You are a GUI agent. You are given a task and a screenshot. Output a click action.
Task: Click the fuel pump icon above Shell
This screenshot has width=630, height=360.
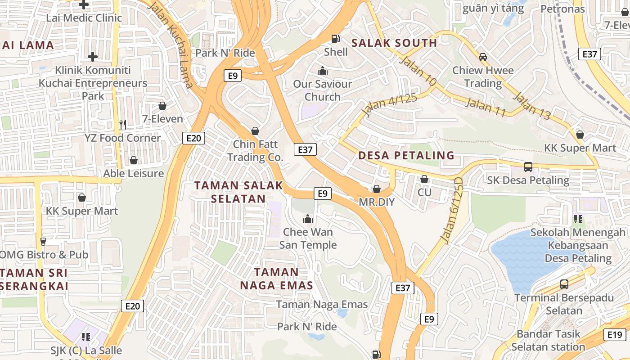336,39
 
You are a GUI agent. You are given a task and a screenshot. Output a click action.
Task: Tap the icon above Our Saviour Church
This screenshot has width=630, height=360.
322,71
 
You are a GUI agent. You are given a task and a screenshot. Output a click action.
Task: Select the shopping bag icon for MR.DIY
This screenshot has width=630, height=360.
377,189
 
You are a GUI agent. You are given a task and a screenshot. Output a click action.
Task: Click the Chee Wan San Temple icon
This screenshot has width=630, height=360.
308,219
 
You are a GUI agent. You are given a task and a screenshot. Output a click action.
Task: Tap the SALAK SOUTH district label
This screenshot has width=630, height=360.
394,43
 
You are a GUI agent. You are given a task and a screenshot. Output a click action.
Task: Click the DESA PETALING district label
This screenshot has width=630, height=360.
406,156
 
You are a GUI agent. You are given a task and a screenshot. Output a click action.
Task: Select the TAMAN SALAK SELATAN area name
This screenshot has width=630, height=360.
238,192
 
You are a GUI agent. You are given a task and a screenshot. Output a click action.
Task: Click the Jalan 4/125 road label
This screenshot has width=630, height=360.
389,105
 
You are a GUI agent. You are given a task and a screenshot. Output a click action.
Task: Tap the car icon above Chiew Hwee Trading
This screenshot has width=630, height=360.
483,57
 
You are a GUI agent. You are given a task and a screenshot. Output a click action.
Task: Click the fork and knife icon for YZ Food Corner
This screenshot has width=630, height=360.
122,124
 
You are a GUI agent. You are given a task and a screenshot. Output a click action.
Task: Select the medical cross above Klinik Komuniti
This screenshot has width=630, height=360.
93,57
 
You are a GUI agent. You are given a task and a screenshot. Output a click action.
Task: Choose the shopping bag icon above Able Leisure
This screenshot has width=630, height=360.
134,160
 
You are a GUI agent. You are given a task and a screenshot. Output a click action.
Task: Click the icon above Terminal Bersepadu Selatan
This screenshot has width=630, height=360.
564,284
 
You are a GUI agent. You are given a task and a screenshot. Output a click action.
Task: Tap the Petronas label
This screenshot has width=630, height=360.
562,9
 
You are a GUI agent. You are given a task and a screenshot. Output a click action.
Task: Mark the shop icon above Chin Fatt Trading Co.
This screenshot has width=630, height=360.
255,131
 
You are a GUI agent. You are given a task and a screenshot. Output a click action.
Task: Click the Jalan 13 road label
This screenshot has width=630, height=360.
532,106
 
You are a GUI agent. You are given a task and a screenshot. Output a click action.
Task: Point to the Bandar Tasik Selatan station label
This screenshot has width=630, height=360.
548,340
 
